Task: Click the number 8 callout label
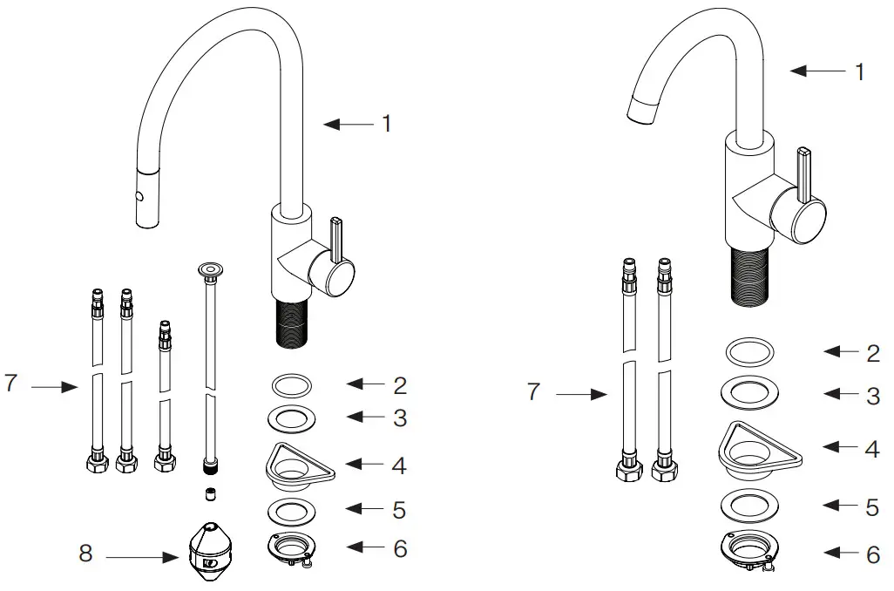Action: (x=85, y=554)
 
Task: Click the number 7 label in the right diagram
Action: (x=534, y=393)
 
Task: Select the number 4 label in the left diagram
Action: (x=399, y=465)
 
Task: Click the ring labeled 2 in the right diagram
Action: (x=750, y=351)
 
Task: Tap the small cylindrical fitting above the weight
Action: (x=209, y=496)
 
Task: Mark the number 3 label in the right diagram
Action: (x=872, y=397)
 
